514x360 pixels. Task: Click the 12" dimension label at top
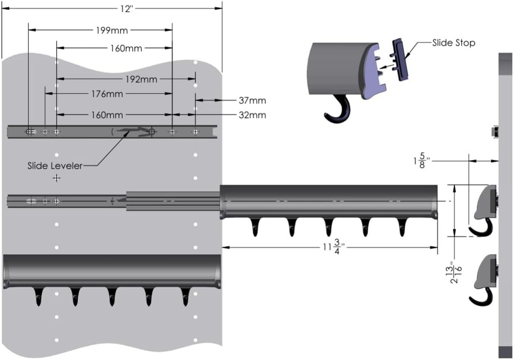pyautogui.click(x=126, y=9)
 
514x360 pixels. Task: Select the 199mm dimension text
pyautogui.click(x=112, y=31)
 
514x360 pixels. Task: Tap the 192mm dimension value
pyautogui.click(x=141, y=79)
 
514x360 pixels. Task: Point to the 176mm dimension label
pyautogui.click(x=107, y=94)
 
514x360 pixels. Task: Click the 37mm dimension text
pyautogui.click(x=252, y=100)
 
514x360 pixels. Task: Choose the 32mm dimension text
pyautogui.click(x=252, y=115)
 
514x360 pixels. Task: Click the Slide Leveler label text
pyautogui.click(x=55, y=166)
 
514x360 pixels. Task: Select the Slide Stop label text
pyautogui.click(x=454, y=43)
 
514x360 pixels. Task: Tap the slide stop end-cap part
pyautogui.click(x=401, y=60)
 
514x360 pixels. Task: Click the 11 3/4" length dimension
pyautogui.click(x=332, y=247)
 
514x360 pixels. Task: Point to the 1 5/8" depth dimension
pyautogui.click(x=421, y=161)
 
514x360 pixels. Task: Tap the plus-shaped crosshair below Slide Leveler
pyautogui.click(x=57, y=178)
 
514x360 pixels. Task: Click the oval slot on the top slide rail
pyautogui.click(x=31, y=132)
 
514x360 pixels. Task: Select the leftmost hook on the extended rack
pyautogui.click(x=255, y=227)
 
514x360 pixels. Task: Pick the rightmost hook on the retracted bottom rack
pyautogui.click(x=185, y=297)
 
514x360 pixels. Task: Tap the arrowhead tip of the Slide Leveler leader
pyautogui.click(x=127, y=135)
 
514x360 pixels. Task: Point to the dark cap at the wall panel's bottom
pyautogui.click(x=505, y=352)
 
